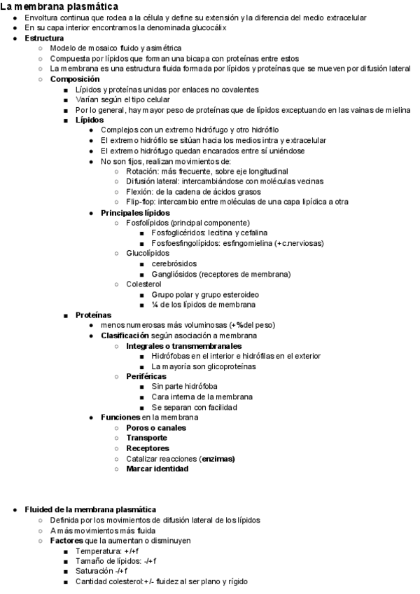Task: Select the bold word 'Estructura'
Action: pyautogui.click(x=44, y=37)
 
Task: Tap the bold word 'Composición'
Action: pyautogui.click(x=74, y=79)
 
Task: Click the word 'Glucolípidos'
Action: pyautogui.click(x=148, y=253)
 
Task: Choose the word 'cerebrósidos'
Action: pyautogui.click(x=175, y=263)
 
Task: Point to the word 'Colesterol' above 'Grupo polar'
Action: pyautogui.click(x=143, y=284)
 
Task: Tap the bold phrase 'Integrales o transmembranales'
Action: pyautogui.click(x=184, y=346)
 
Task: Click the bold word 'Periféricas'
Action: pyautogui.click(x=146, y=376)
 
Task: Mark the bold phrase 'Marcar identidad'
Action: pyautogui.click(x=157, y=469)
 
